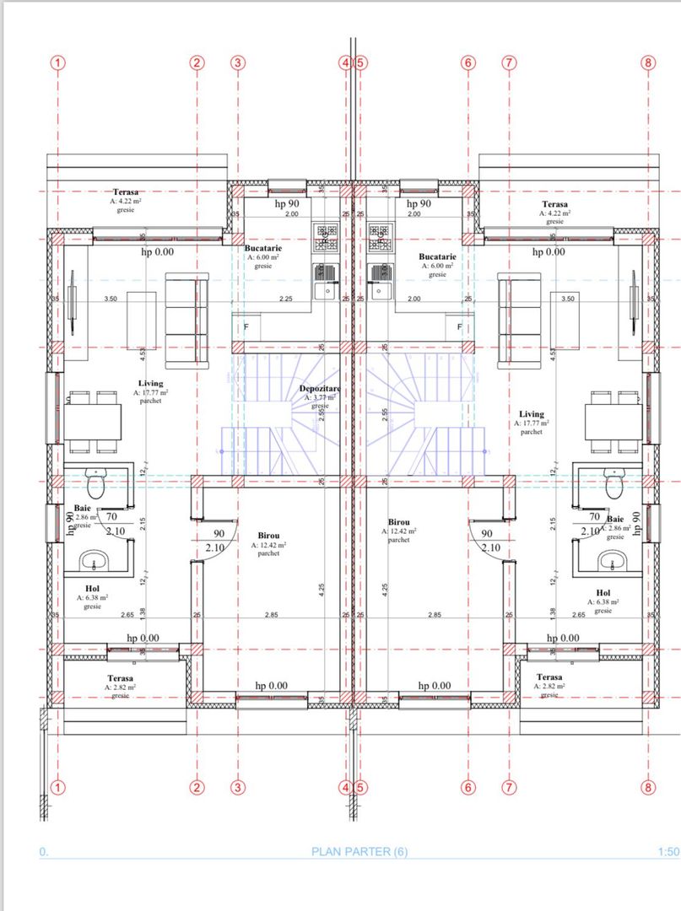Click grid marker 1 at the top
(57, 62)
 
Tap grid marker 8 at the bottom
(648, 788)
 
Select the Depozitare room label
(320, 389)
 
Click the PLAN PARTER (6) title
(359, 852)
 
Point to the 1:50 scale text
(666, 852)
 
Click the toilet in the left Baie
(97, 486)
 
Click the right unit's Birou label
(399, 523)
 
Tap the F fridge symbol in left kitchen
(246, 326)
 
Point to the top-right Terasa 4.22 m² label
(554, 205)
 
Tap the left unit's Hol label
(93, 589)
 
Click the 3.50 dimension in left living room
(110, 299)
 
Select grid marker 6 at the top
(469, 62)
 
